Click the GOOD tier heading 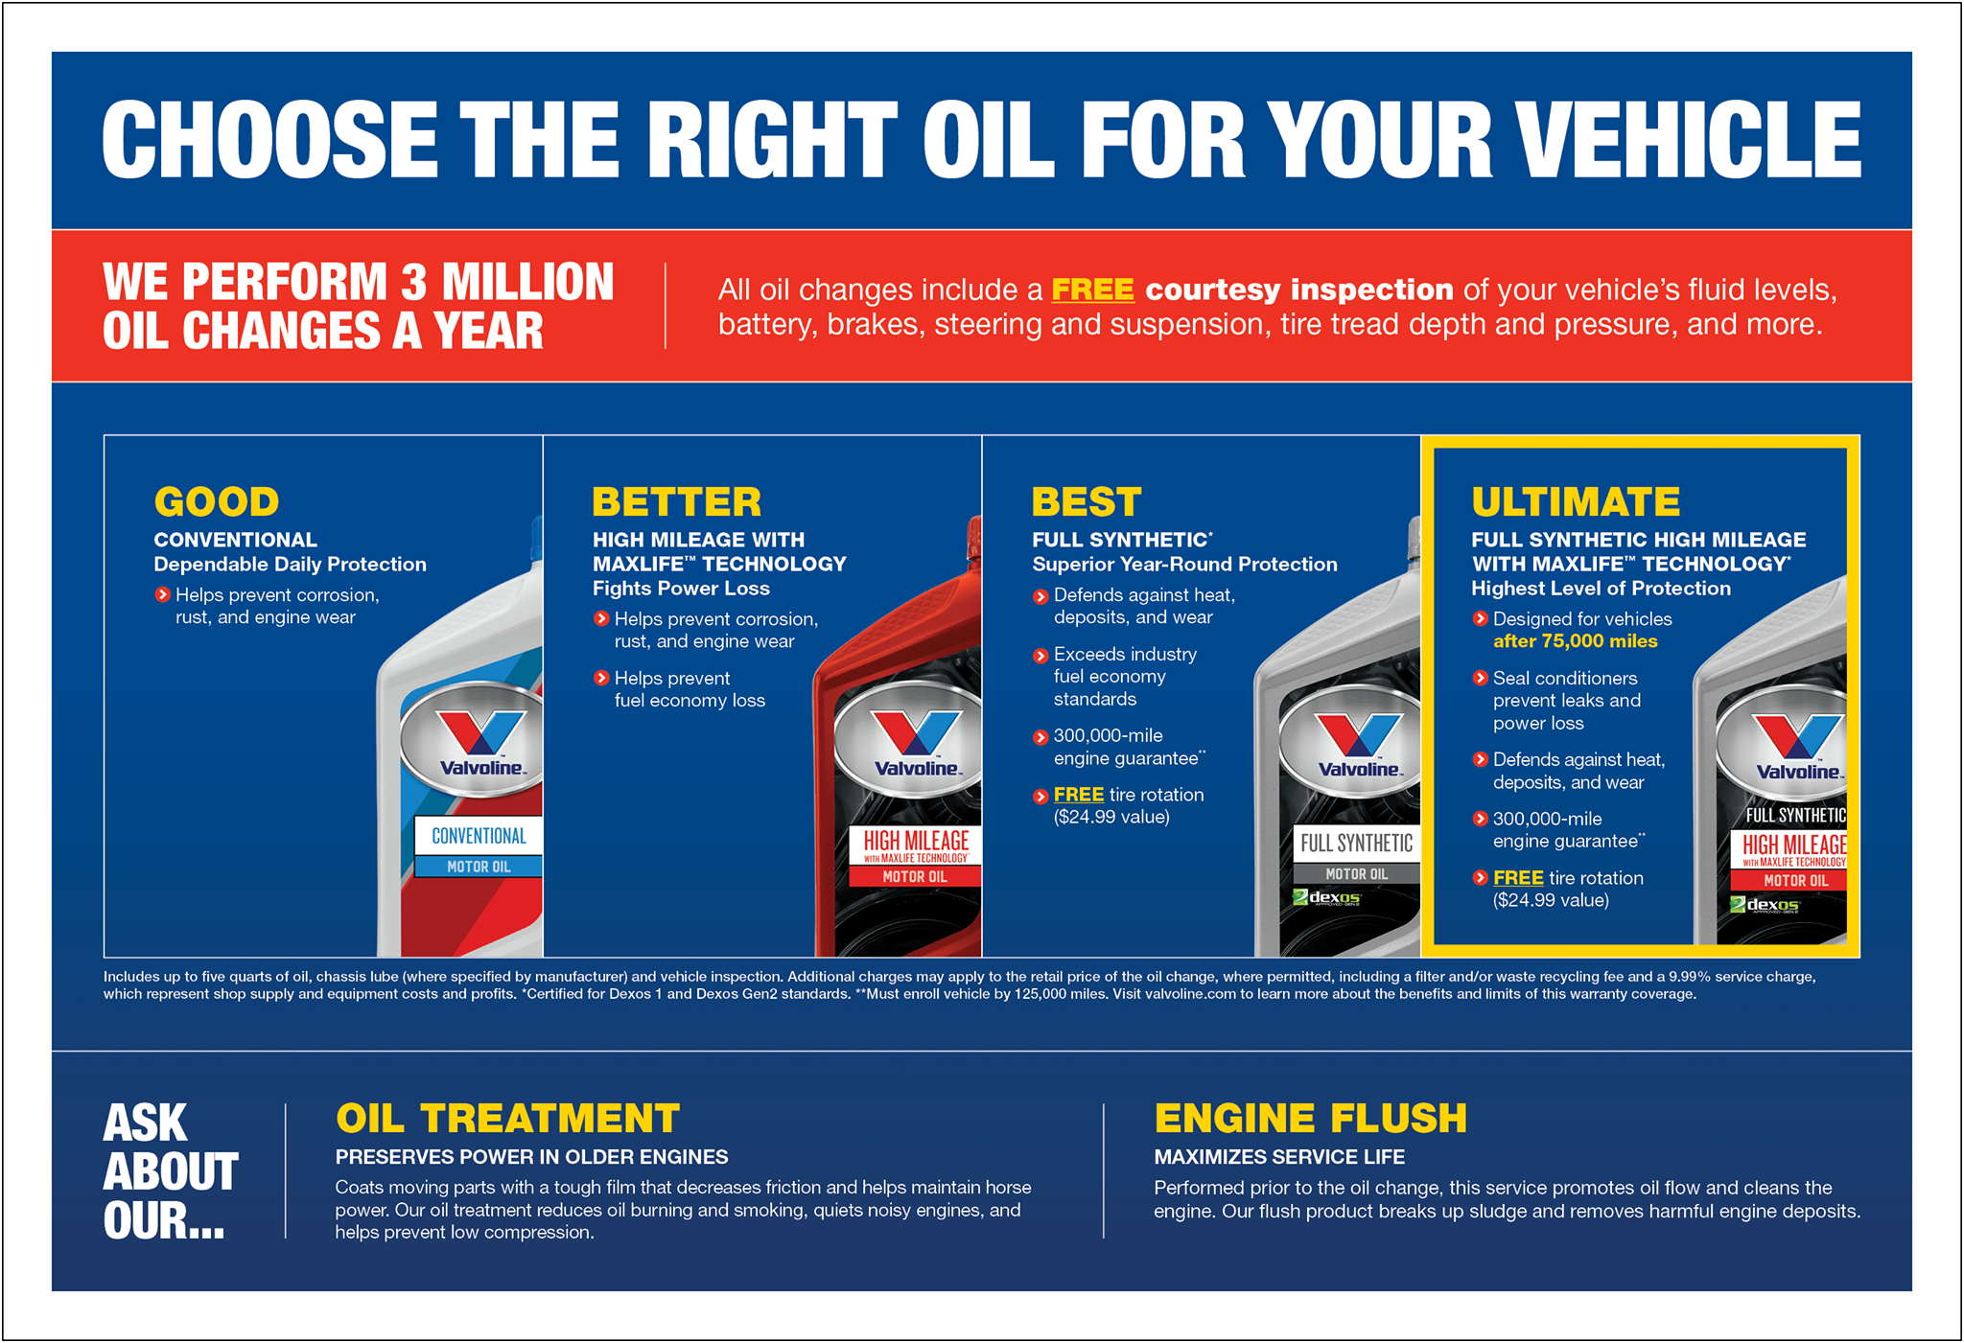(x=217, y=502)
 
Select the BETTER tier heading (x=676, y=502)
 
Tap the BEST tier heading (x=1087, y=502)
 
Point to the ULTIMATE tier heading (x=1576, y=502)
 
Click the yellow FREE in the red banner (x=1092, y=289)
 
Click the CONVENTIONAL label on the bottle (x=479, y=836)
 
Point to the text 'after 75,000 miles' (x=1575, y=641)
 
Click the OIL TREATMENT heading (x=507, y=1119)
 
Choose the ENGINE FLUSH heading (x=1310, y=1119)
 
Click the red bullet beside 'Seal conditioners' (x=1480, y=678)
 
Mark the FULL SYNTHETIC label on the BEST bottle (x=1356, y=844)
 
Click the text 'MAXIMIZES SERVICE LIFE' (x=1279, y=1157)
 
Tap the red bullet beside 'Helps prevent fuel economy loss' (x=601, y=678)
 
